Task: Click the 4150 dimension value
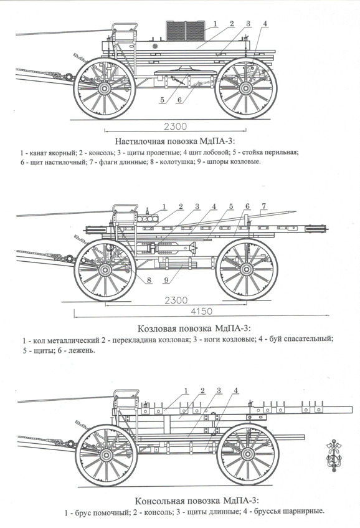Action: pos(201,311)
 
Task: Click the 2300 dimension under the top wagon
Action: pos(175,127)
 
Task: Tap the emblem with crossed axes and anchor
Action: pos(333,455)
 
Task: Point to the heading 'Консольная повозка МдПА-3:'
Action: pos(197,501)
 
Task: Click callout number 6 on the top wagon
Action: pos(179,100)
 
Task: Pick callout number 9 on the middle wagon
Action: pos(167,280)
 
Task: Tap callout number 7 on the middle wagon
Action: pos(264,206)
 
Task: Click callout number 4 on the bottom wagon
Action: pos(236,390)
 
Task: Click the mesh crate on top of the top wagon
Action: pos(186,31)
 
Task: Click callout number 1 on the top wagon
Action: pos(216,24)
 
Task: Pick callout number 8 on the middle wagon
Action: pos(149,280)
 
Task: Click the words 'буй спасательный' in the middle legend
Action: pos(301,338)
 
